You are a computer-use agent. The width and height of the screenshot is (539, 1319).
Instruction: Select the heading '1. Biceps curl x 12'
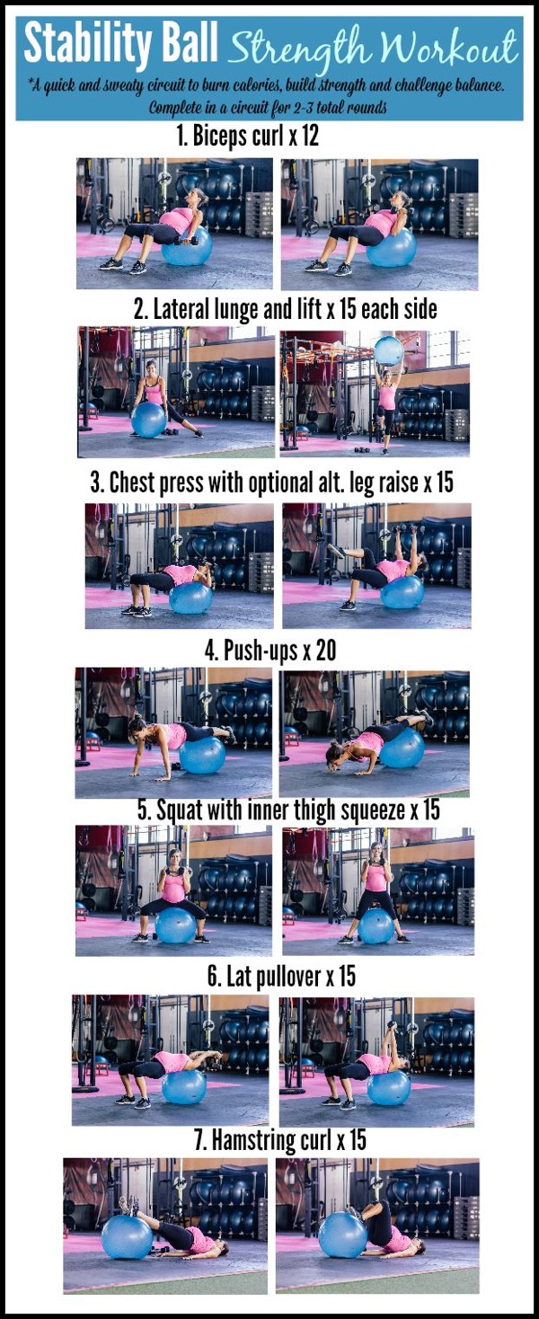tap(247, 137)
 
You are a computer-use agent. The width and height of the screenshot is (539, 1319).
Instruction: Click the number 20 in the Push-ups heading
tap(325, 651)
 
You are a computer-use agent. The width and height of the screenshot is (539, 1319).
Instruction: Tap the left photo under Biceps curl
tap(174, 223)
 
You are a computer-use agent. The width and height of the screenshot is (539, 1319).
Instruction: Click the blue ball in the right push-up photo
tap(402, 747)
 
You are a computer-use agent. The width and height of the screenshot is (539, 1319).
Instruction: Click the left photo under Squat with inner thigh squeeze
tap(174, 890)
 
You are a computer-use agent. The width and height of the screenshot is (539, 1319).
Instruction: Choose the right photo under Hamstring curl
tap(377, 1225)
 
